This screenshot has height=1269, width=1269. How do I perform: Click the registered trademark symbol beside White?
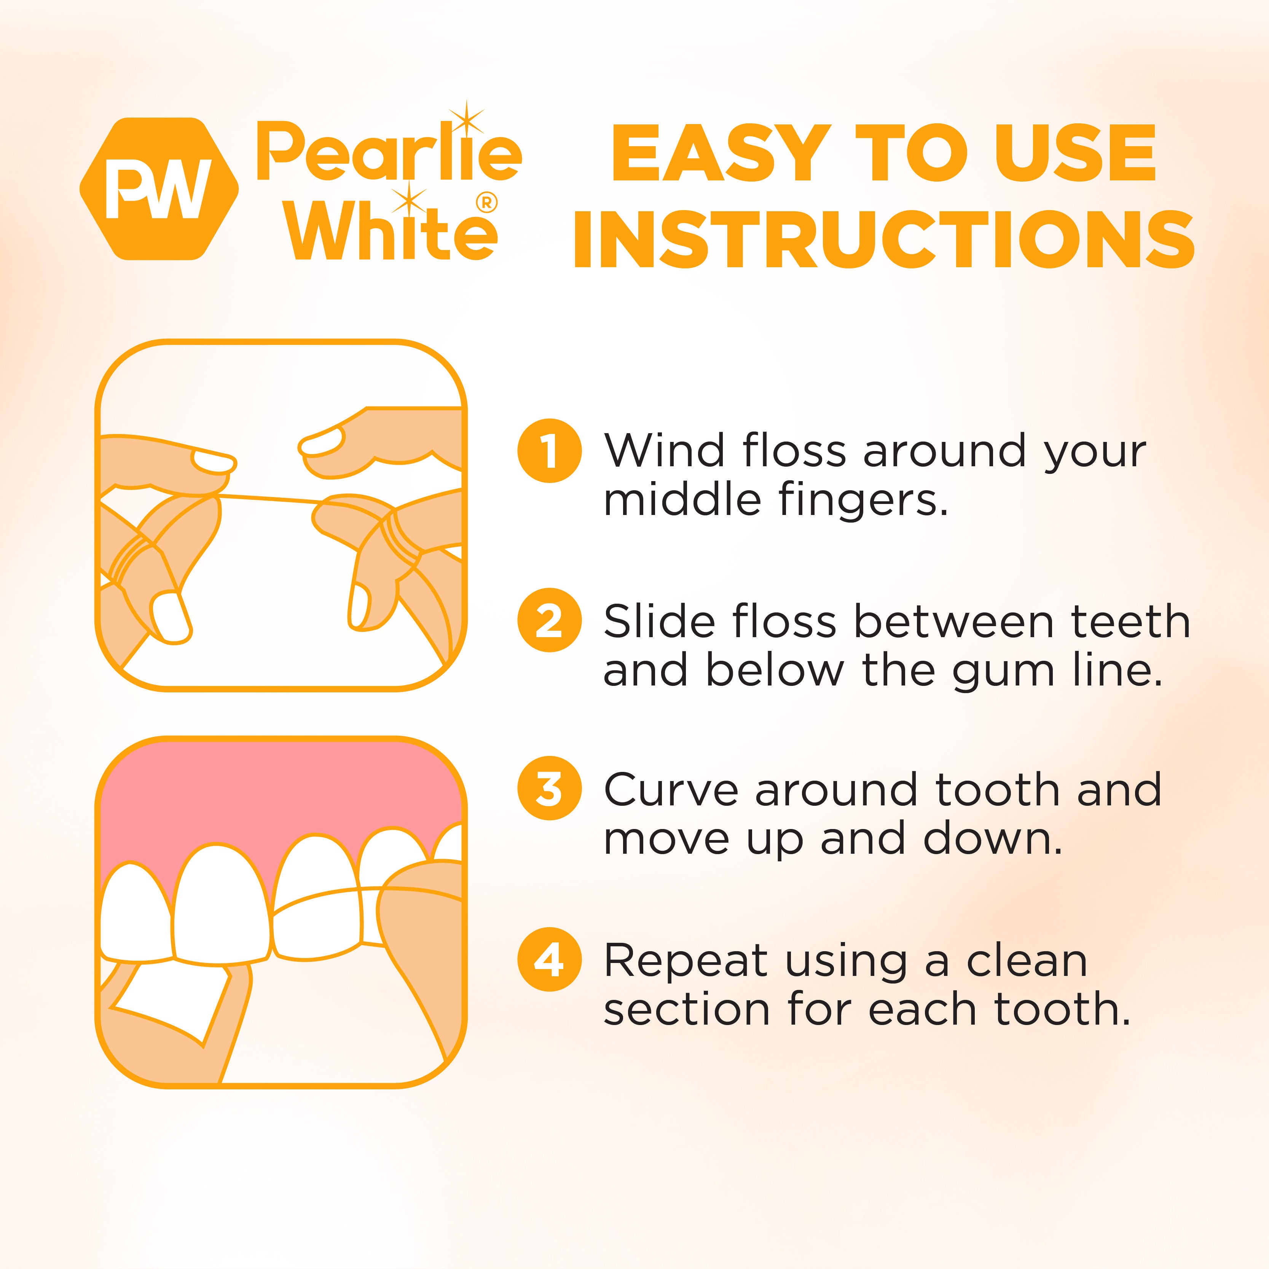(486, 203)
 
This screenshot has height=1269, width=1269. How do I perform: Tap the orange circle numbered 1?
(549, 451)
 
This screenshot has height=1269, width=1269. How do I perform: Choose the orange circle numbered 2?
(549, 620)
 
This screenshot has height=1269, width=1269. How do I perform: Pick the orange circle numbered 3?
(549, 788)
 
